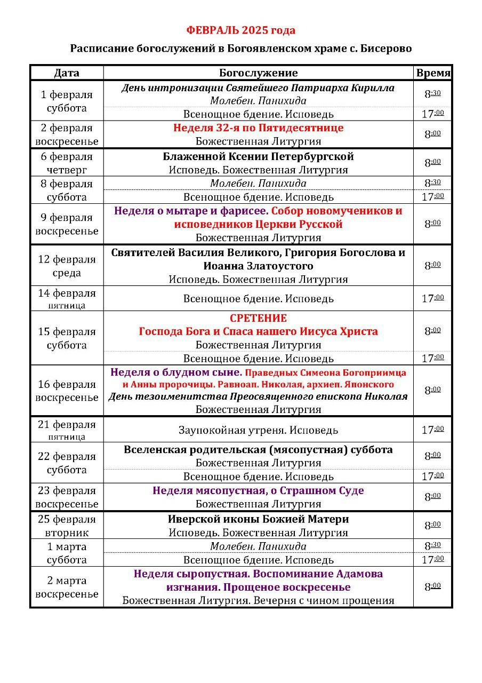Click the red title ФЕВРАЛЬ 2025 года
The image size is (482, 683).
tap(241, 30)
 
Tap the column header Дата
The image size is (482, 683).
tap(67, 73)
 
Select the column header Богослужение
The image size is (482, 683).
tap(258, 73)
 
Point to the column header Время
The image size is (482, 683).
tap(433, 73)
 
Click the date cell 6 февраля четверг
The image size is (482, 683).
tap(67, 163)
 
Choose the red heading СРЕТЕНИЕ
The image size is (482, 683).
tap(258, 319)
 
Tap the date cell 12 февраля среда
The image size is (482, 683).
tap(67, 266)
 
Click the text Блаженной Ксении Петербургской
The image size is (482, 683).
tap(258, 157)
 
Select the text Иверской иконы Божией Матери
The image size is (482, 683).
tap(258, 519)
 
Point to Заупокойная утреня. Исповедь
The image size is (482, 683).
tap(258, 430)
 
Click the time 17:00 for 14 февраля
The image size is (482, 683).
tap(432, 298)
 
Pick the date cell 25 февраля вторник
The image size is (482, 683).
tap(67, 526)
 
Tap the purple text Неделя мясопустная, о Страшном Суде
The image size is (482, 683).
tap(258, 490)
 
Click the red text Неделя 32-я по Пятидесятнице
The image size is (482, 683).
tap(258, 128)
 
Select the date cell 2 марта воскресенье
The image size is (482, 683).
tap(67, 587)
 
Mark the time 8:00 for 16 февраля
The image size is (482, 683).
tap(432, 390)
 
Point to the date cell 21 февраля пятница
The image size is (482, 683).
tap(67, 430)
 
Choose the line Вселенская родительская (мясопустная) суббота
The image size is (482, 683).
tap(258, 450)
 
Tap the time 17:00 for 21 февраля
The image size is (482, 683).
tap(432, 430)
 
